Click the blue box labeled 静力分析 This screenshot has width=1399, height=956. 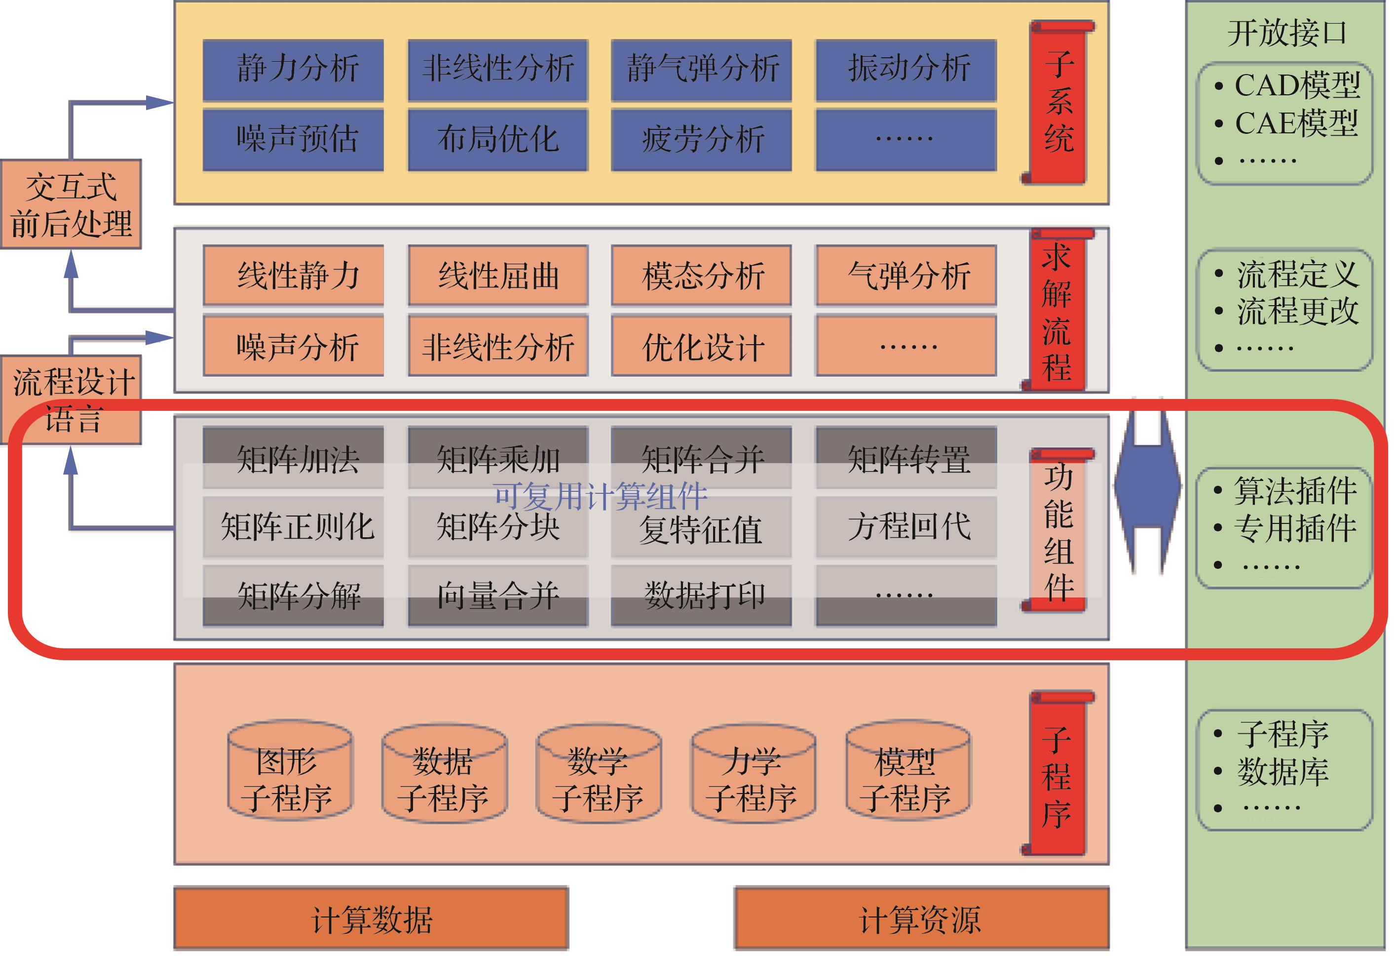(x=293, y=69)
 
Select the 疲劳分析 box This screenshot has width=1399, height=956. (x=701, y=140)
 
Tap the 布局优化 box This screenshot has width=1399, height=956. (x=498, y=140)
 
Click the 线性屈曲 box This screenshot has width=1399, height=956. (x=498, y=275)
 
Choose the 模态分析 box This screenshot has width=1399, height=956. (x=701, y=275)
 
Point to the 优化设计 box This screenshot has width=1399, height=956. (x=701, y=346)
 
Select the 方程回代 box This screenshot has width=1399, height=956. (x=907, y=526)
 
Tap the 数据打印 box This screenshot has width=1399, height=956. (x=701, y=595)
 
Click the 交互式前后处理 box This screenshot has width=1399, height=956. (x=71, y=204)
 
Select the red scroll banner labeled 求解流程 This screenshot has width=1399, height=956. (x=1057, y=310)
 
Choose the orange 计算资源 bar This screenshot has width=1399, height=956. (x=921, y=918)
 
